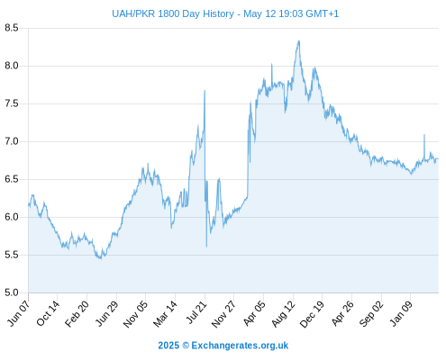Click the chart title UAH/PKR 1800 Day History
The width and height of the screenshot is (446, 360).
coord(173,13)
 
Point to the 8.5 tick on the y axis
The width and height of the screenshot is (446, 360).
coord(12,28)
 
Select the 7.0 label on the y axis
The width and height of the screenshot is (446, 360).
coord(12,141)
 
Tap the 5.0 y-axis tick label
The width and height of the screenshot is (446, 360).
coord(12,292)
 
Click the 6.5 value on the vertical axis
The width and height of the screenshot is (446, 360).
coord(12,179)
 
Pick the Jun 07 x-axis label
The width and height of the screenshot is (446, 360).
coord(19,313)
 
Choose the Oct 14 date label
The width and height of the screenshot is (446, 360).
coord(48,313)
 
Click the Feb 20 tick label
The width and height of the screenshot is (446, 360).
coord(77,313)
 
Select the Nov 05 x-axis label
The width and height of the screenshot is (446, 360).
coord(135,314)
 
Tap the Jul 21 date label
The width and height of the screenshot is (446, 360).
coord(196,312)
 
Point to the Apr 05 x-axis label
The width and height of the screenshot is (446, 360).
coord(254,313)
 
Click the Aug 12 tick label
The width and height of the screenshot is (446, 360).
coord(283,313)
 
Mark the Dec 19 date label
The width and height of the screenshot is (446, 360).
coord(312,313)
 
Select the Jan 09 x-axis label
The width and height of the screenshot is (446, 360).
coord(401,313)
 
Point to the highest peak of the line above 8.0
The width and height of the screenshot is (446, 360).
coord(298,41)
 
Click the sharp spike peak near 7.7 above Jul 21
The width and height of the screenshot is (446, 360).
coord(205,90)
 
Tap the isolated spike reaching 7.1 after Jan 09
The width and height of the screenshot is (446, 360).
coord(424,135)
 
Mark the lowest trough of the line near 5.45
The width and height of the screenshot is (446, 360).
coord(101,258)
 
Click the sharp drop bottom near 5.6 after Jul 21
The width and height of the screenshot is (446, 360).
coord(206,247)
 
